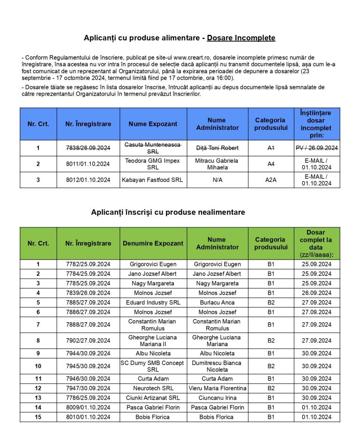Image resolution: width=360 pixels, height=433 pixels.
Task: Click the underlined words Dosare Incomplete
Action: coord(241,38)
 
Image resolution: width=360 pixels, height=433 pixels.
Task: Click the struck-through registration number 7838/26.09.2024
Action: coord(88,148)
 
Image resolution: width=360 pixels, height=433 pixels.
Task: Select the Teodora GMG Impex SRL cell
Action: coord(153,164)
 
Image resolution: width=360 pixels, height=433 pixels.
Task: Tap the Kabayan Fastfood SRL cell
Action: coord(153,180)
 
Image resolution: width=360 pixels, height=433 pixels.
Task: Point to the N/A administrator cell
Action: coord(217,180)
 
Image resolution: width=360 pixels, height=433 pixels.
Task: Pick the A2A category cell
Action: coord(270,180)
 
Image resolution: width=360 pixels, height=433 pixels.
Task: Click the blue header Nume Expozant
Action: coord(153,124)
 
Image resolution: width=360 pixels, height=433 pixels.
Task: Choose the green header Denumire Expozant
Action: coord(153,243)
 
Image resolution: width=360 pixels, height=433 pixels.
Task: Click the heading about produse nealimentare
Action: coord(168,213)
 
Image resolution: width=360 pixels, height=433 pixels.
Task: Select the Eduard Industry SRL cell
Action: coord(153,303)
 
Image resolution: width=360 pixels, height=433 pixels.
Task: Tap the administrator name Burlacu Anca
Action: coord(217,303)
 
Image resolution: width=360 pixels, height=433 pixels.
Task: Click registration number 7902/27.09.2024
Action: coord(88,341)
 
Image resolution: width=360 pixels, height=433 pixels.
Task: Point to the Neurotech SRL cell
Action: coord(153,388)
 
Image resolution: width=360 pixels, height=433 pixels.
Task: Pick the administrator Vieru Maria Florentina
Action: coord(217,388)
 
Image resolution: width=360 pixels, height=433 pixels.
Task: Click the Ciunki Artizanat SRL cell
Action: coord(153,398)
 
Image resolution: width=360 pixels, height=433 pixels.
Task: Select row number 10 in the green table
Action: coord(38,366)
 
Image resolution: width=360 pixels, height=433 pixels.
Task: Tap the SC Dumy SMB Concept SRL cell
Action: coord(153,366)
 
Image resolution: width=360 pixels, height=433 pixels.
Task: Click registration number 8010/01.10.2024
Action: coord(88,417)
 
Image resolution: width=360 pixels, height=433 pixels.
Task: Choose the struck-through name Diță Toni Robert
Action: coord(217,148)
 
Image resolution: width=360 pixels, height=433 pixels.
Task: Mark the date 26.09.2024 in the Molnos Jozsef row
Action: coord(316,293)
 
